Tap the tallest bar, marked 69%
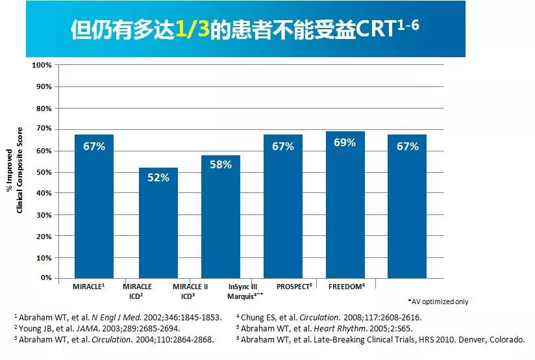click(x=345, y=205)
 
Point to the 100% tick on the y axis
click(x=41, y=66)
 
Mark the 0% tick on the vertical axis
click(x=45, y=278)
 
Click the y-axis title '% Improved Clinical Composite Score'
click(x=14, y=170)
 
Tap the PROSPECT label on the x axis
click(x=294, y=287)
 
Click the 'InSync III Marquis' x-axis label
click(x=245, y=290)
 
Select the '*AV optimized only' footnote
click(x=438, y=302)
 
